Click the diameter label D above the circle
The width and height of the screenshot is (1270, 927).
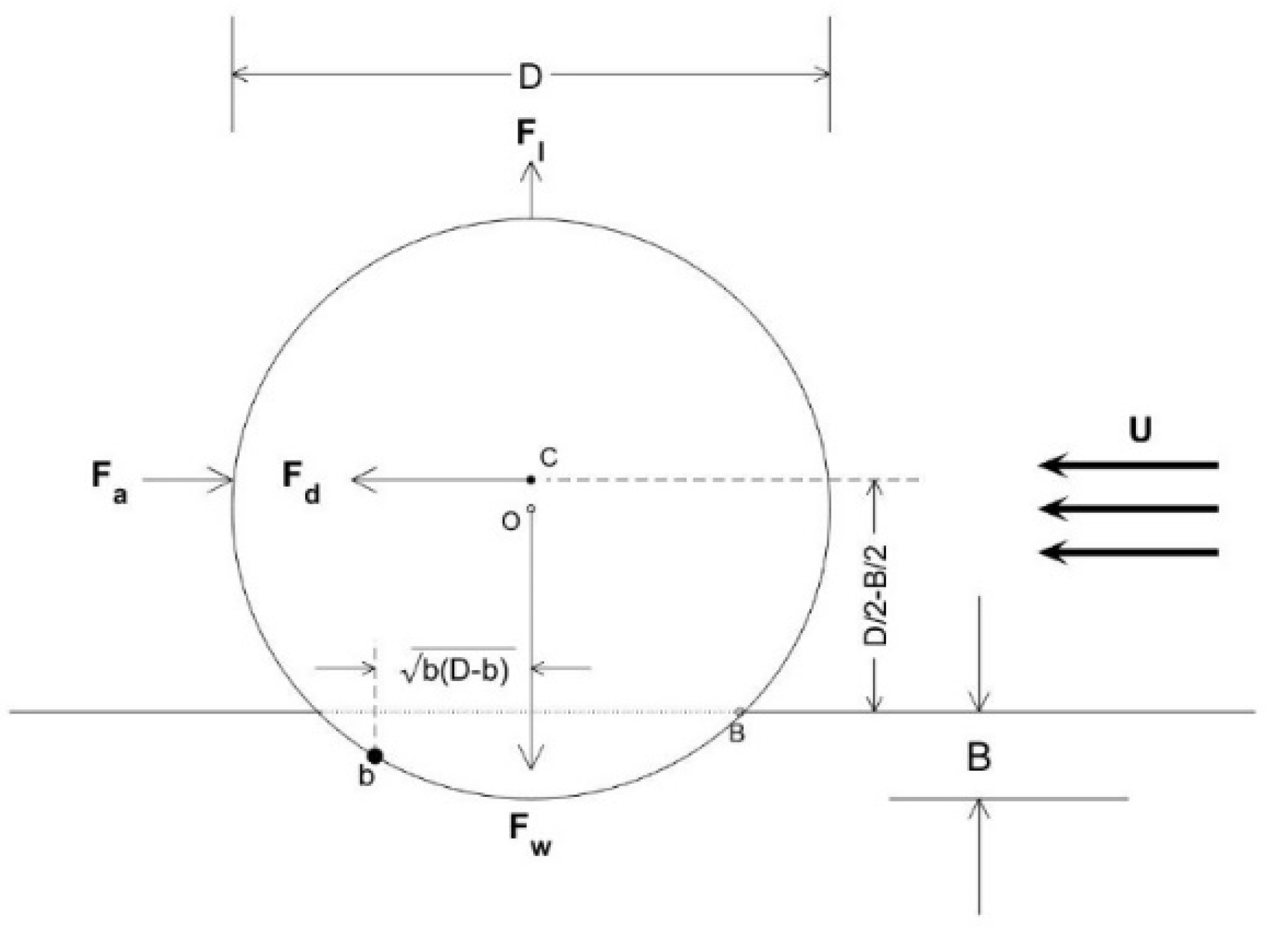click(x=530, y=77)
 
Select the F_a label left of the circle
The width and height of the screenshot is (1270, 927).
click(x=109, y=481)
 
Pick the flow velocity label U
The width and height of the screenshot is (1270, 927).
click(x=1140, y=429)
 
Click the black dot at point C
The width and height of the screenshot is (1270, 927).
click(x=531, y=480)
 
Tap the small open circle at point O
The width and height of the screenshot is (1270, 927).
click(x=531, y=509)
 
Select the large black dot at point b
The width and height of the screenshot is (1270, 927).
click(x=375, y=756)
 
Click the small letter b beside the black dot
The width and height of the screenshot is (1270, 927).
click(x=366, y=775)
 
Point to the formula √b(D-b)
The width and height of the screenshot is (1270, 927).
click(x=456, y=670)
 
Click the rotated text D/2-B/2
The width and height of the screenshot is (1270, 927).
click(x=876, y=595)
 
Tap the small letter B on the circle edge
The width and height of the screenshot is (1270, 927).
click(x=736, y=733)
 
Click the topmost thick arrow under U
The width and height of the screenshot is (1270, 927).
click(x=1129, y=465)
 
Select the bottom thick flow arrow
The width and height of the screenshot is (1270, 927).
click(x=1129, y=553)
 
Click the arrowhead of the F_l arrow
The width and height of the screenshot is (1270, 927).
click(x=532, y=170)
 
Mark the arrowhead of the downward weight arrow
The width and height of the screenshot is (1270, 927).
click(x=532, y=760)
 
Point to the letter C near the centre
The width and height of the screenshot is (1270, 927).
click(x=549, y=458)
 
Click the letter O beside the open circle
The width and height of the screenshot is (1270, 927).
click(x=511, y=521)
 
